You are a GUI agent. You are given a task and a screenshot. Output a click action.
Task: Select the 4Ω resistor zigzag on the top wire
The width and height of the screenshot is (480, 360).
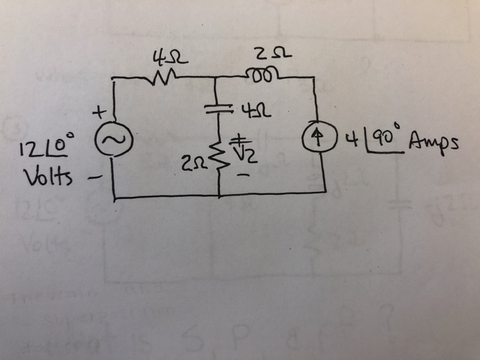click(165, 76)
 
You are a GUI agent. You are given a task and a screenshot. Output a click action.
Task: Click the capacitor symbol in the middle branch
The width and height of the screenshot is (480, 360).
click(217, 108)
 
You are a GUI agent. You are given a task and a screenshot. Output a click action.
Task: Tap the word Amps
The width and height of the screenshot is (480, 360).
click(433, 143)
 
